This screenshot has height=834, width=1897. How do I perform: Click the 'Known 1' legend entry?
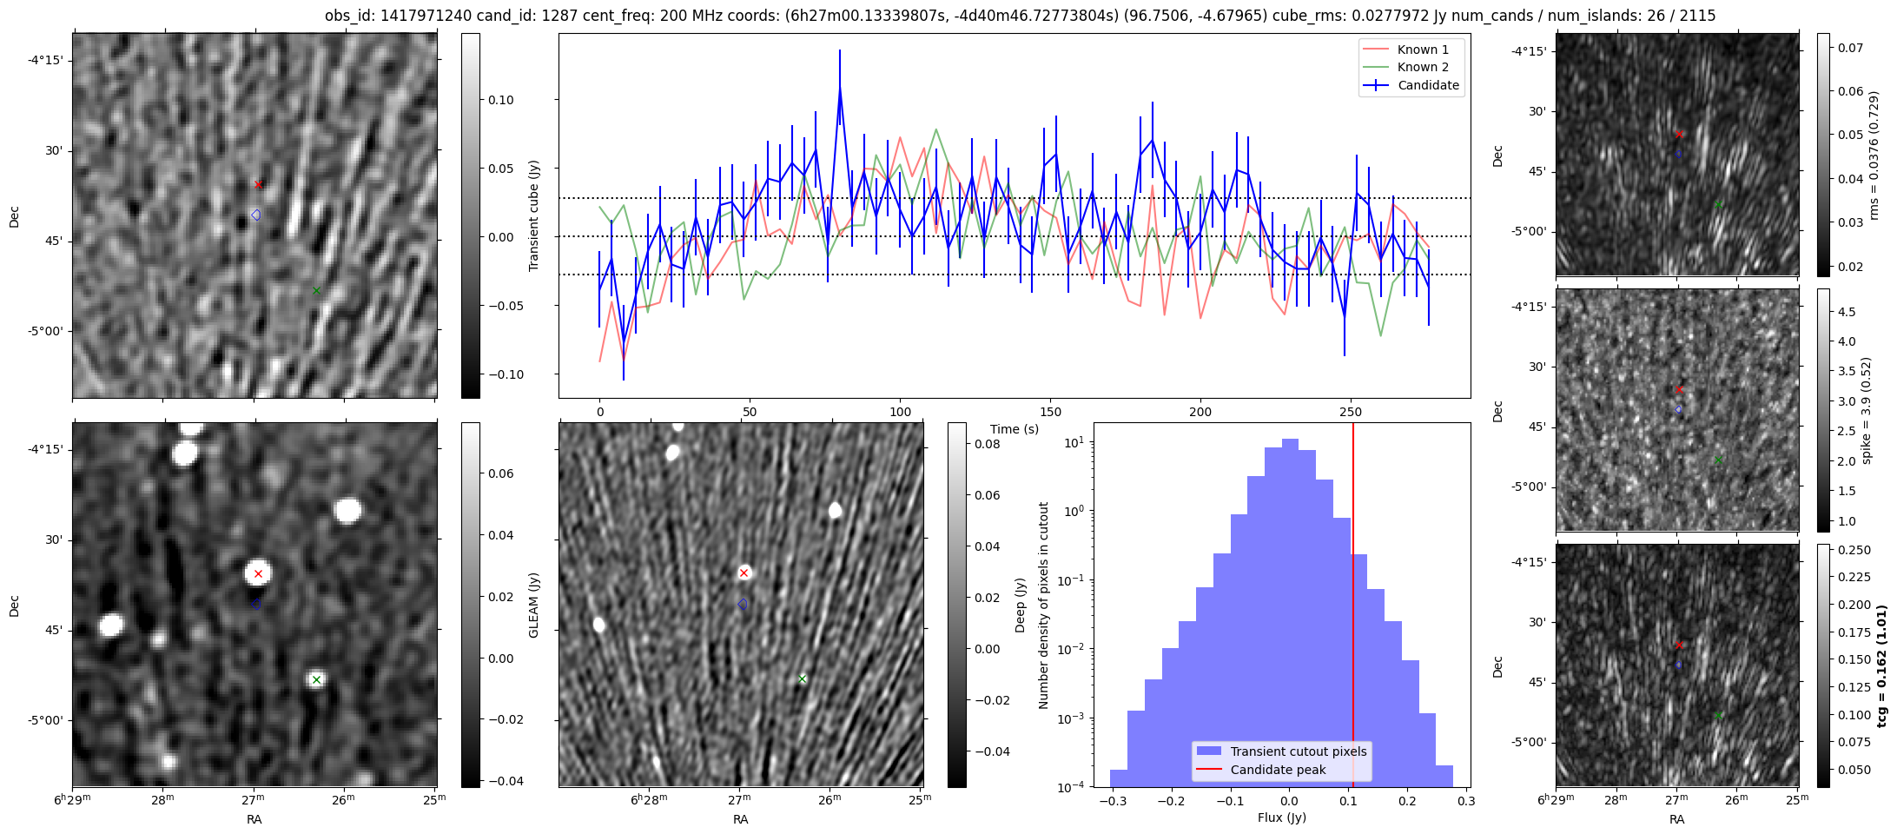1423,50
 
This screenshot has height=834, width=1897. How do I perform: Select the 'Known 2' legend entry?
1423,67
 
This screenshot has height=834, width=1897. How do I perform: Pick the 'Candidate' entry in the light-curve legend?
1428,85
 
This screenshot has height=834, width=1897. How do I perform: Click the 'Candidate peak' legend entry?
1278,770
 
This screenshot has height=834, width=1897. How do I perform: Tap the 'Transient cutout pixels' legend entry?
1298,751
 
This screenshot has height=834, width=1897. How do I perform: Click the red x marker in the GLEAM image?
258,573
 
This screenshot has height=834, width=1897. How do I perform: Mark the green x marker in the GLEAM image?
316,679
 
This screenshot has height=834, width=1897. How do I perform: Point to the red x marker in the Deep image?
744,573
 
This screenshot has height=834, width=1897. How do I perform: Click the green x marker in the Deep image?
802,678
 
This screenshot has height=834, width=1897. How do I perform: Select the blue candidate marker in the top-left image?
255,215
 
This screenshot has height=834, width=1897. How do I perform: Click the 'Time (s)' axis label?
1015,429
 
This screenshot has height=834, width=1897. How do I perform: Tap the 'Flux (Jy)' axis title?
1281,817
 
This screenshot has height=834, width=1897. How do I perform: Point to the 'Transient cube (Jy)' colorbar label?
534,215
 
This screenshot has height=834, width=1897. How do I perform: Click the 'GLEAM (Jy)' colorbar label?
534,605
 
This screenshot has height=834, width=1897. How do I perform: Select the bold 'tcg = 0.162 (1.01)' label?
1881,666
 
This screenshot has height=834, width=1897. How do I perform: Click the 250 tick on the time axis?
1350,412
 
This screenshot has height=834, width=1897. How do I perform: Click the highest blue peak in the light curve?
840,87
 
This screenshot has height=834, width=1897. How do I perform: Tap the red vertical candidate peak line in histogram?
1352,608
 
